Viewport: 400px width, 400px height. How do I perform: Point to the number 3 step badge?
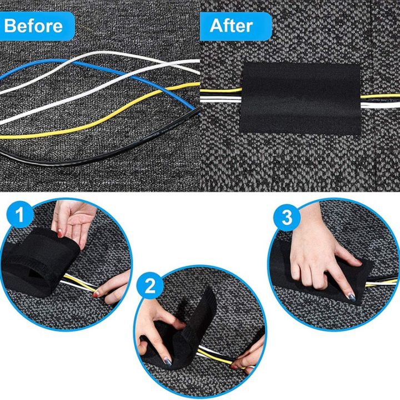pyautogui.click(x=286, y=217)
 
